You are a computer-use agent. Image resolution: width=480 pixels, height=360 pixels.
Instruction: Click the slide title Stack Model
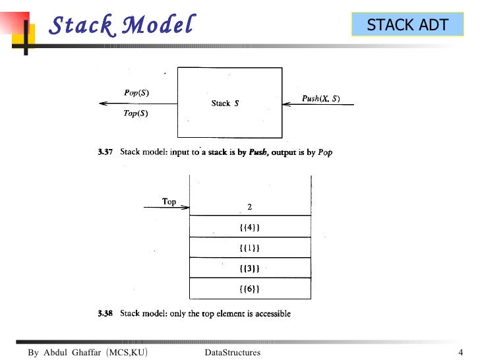pyautogui.click(x=123, y=25)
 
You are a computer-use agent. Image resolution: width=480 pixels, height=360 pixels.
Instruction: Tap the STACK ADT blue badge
pyautogui.click(x=407, y=25)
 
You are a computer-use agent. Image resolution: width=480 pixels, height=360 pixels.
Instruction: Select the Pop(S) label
pyautogui.click(x=136, y=93)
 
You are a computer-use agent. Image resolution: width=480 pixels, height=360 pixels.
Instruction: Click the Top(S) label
pyautogui.click(x=136, y=113)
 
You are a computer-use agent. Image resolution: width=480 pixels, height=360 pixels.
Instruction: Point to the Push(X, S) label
pyautogui.click(x=321, y=98)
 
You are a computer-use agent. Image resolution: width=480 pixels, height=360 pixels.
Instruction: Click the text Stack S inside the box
pyautogui.click(x=225, y=103)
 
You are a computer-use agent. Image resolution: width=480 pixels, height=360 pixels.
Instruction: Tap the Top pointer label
pyautogui.click(x=169, y=202)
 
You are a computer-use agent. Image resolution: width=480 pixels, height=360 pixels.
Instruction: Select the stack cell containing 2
pyautogui.click(x=249, y=206)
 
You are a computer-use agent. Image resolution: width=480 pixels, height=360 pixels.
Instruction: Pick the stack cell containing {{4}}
pyautogui.click(x=249, y=227)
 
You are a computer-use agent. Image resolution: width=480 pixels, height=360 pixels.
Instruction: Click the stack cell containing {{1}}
pyautogui.click(x=249, y=248)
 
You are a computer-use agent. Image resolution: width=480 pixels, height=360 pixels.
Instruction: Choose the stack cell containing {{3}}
pyautogui.click(x=249, y=268)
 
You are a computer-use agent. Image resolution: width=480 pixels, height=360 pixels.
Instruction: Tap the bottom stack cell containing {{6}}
pyautogui.click(x=249, y=289)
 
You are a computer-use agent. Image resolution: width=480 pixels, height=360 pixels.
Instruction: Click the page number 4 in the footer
pyautogui.click(x=461, y=352)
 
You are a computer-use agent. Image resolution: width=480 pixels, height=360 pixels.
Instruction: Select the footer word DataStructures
pyautogui.click(x=233, y=353)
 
